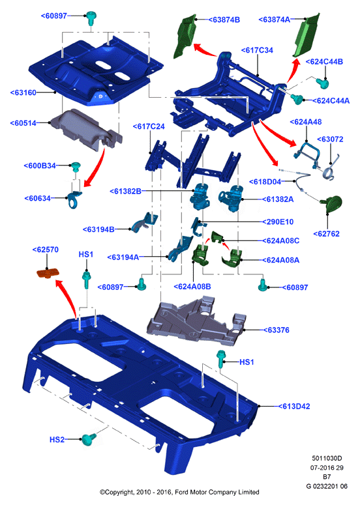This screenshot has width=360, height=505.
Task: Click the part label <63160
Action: coord(23,93)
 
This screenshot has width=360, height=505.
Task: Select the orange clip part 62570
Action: coord(48,273)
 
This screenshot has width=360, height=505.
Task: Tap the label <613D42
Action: coord(294,407)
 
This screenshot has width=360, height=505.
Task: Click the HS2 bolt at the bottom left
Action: coord(89,439)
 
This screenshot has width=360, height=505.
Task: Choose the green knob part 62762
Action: coord(332,203)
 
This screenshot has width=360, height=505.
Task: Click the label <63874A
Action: coord(275,20)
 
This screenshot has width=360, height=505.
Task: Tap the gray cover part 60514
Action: coord(86,129)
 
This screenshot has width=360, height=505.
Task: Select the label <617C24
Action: coord(149,126)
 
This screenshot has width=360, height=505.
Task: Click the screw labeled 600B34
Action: coord(76,167)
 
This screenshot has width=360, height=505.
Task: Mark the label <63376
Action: coord(277,330)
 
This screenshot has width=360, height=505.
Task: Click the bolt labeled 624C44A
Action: coord(297,99)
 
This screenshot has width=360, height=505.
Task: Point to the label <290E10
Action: coord(278,222)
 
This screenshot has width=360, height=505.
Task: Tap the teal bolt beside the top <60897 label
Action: coord(91,18)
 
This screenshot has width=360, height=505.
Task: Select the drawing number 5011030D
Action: coord(327,458)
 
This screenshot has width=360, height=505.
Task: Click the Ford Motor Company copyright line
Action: coord(179,492)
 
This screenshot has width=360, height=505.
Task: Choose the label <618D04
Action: coord(265,182)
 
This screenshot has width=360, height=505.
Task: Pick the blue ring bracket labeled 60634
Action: coord(74,199)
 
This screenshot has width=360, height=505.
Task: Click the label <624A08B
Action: coord(192,287)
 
